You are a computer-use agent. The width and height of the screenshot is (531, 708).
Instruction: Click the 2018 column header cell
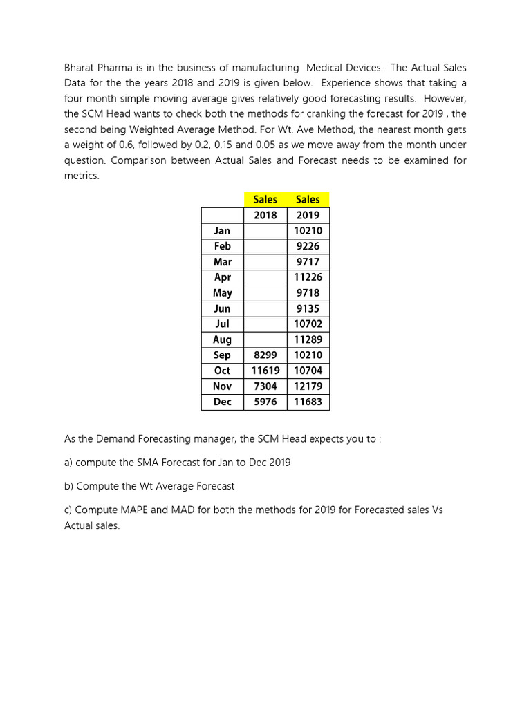click(265, 215)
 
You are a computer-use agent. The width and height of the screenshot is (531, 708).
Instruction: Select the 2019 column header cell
click(308, 215)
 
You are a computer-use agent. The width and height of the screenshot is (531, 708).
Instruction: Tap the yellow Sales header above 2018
click(265, 199)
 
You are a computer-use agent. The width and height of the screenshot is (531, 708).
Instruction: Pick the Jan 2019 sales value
click(308, 231)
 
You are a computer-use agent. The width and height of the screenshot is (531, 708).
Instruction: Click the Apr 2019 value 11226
click(308, 277)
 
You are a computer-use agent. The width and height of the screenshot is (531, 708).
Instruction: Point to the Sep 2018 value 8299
click(265, 355)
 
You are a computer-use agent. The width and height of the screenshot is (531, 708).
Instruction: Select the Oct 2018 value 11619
click(265, 371)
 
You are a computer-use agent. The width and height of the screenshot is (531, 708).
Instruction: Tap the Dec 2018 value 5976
click(265, 402)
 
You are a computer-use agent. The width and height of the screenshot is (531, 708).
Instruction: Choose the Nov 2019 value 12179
click(308, 386)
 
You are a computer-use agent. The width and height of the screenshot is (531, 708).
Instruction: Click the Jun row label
click(223, 309)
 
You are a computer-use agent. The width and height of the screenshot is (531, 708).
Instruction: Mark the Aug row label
click(223, 339)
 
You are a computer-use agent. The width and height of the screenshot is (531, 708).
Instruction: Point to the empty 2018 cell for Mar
click(265, 262)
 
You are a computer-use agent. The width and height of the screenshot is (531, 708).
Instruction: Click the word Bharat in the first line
click(80, 68)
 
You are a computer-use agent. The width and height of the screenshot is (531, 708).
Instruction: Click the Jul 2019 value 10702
click(308, 324)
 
